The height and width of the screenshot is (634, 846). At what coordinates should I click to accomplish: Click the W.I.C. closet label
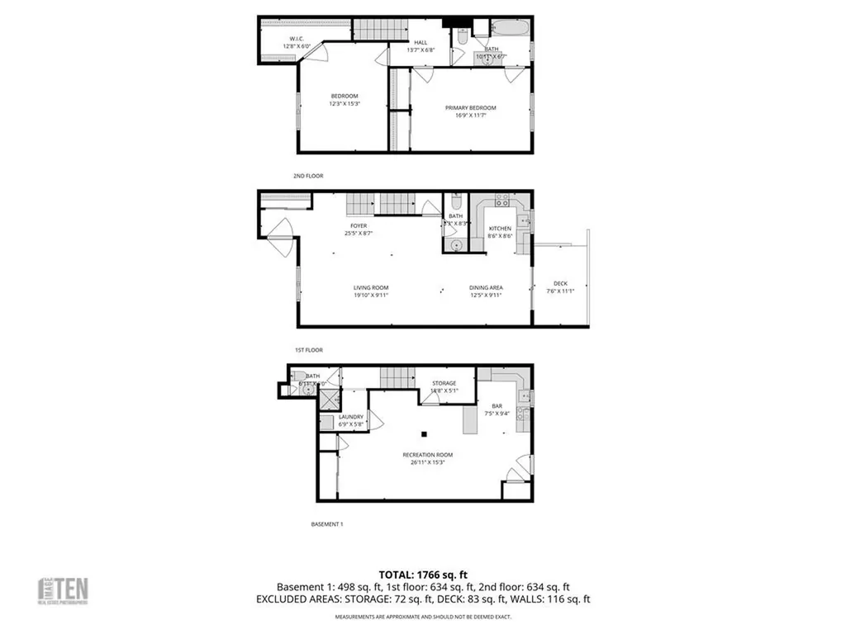pos(297,39)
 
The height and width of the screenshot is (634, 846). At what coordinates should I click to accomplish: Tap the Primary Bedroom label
pos(471,108)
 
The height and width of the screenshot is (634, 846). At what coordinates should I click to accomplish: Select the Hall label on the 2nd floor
pos(421,43)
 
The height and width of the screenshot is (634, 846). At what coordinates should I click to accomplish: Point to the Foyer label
pos(359,225)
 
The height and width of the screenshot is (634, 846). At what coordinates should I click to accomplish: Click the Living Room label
pos(371,287)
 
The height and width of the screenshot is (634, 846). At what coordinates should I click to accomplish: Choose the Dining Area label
pos(487,287)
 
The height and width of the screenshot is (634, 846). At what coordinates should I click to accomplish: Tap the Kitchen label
pos(500,229)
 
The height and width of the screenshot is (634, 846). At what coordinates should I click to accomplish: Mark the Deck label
pos(560,283)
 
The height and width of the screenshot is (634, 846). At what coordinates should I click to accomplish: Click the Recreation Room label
pos(427,455)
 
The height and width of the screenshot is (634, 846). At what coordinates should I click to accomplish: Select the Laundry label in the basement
pos(350,417)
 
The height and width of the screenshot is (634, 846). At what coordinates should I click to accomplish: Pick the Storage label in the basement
pos(444,383)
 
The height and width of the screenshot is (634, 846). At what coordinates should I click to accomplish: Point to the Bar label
pos(497,405)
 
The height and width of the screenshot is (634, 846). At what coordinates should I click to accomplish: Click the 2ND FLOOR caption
pos(308,176)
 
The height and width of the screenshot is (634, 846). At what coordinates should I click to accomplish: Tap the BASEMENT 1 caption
pos(326,524)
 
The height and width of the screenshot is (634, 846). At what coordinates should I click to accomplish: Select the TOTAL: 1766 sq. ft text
pos(423,574)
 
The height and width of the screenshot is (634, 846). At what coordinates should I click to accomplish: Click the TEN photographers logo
pos(64,589)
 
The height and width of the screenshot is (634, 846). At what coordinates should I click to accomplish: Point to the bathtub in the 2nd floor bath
pos(510,31)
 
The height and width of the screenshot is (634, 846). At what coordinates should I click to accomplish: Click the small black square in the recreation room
pos(425,433)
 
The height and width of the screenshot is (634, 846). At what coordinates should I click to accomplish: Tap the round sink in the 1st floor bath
pos(456,244)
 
